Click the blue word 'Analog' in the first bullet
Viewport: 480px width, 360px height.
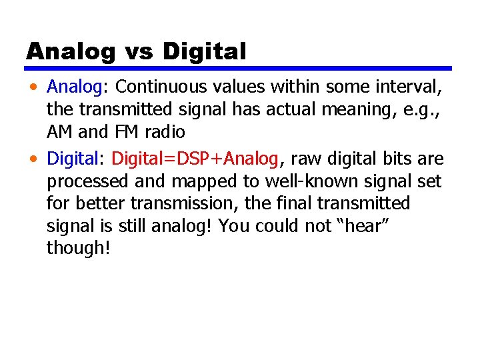pos(73,87)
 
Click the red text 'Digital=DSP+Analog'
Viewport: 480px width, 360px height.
pos(194,159)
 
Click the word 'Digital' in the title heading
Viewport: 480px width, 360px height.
pos(204,51)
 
